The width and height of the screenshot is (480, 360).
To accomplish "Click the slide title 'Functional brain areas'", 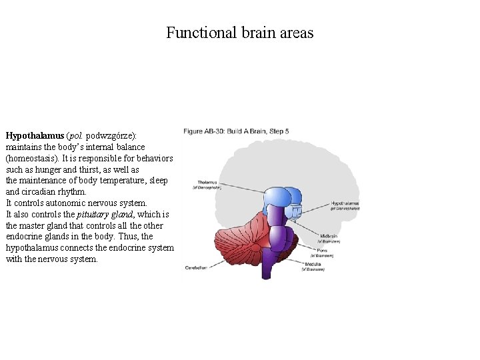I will tap(239, 33).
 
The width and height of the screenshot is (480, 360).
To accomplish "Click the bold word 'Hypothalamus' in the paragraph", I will tap(35, 135).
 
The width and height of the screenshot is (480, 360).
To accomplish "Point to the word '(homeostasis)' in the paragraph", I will tap(33, 158).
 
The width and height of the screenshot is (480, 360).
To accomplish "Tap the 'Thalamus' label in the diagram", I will tap(207, 182).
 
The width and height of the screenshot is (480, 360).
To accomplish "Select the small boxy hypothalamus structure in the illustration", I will tap(295, 212).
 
